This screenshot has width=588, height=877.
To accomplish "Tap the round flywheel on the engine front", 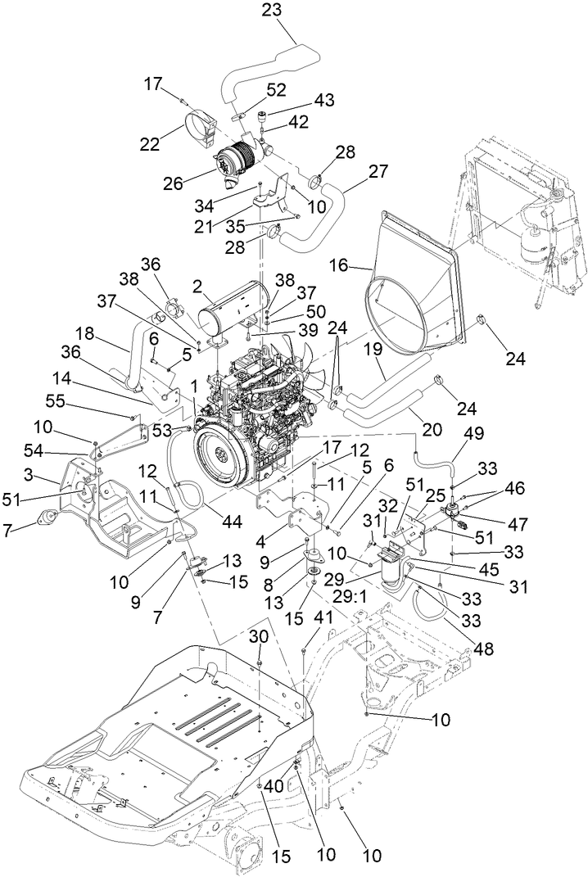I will click(x=225, y=458).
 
